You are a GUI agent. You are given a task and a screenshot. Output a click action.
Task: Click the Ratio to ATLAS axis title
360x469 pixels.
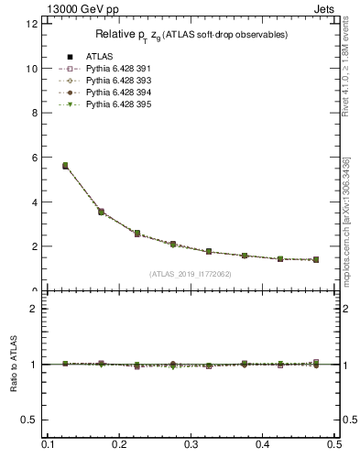coord(14,366)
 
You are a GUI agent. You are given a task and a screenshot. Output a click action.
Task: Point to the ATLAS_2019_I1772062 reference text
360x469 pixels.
coord(191,274)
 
